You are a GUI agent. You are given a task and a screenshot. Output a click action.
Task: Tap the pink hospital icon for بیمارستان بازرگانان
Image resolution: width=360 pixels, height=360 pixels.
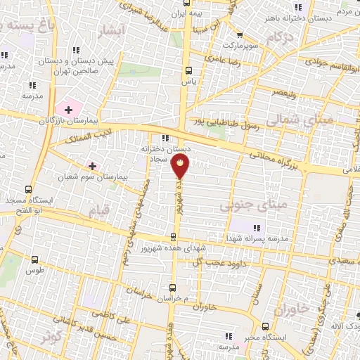(x=68, y=109)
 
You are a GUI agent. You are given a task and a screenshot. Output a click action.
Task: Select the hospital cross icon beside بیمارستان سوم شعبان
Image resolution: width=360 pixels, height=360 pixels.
(x=91, y=166)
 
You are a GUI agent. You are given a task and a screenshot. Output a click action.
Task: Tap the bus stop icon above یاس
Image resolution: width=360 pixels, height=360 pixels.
(x=188, y=70)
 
